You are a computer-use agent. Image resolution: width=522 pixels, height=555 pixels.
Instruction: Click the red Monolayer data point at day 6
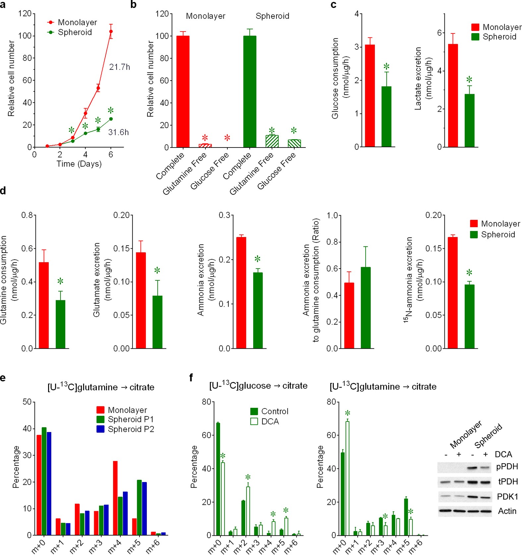coord(111,31)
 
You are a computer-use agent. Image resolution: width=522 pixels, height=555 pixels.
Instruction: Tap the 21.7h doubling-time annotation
coord(119,67)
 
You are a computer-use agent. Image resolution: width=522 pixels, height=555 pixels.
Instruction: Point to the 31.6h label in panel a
coord(118,132)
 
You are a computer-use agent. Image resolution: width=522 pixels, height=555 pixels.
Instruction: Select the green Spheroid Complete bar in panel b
coord(250,92)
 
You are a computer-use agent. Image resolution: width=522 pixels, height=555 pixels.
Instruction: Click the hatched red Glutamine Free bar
coord(205,146)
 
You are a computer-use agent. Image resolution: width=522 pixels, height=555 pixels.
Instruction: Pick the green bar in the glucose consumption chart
coord(386,116)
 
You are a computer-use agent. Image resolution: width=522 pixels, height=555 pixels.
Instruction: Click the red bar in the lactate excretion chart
coord(453,95)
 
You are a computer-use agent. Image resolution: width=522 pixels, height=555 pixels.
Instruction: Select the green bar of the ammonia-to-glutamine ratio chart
coord(366,308)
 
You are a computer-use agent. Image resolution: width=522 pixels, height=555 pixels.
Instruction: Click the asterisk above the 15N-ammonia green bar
coord(469,273)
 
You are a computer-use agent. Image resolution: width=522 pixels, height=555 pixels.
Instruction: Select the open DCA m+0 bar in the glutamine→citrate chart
coord(347,478)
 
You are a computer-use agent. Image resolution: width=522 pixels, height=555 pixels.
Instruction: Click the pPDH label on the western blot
coord(507,467)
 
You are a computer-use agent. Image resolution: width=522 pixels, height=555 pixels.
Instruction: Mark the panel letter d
coord(3,191)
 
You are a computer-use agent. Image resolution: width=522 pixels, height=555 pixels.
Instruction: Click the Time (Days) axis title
coord(79,164)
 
